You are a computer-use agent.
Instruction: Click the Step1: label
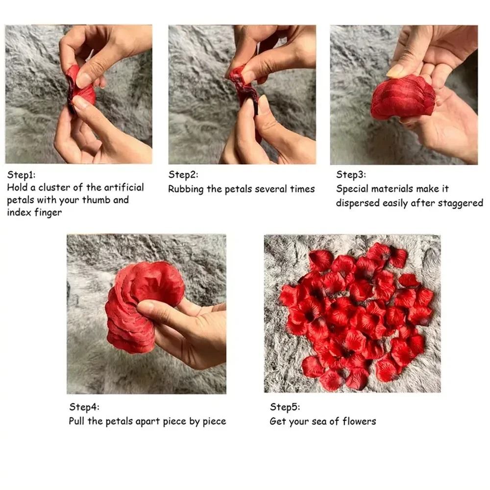click(21, 174)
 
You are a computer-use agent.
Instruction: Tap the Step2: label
click(183, 175)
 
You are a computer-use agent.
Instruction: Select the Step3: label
click(351, 175)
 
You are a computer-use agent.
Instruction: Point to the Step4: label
click(84, 407)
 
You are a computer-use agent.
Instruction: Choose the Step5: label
click(285, 407)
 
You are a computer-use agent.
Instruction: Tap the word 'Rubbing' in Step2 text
click(186, 189)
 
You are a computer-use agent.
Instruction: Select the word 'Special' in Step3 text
click(352, 189)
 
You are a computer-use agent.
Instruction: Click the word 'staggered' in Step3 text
click(460, 203)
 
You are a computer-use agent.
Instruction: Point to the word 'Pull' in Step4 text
click(77, 421)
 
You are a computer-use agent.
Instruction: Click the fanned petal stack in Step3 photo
click(402, 98)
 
